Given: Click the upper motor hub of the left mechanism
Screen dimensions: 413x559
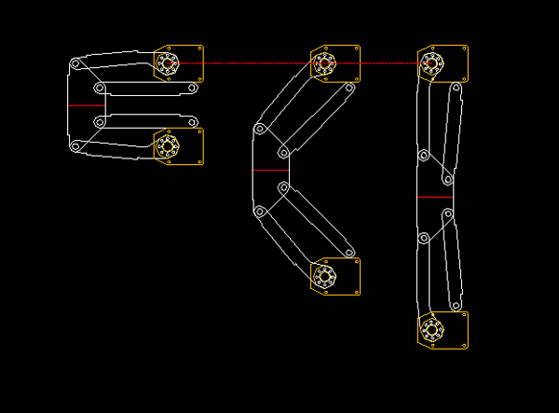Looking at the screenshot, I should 168,63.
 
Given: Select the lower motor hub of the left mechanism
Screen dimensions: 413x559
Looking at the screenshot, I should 168,145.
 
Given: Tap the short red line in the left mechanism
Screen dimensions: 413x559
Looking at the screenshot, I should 86,105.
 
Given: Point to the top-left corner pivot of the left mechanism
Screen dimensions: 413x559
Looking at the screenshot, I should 75,63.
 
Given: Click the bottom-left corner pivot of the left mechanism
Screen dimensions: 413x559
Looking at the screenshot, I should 75,146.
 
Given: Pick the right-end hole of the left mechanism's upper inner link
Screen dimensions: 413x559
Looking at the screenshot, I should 191,88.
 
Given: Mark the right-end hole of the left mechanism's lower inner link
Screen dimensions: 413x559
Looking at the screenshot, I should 191,122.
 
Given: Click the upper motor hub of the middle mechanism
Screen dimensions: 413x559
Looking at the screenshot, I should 324,63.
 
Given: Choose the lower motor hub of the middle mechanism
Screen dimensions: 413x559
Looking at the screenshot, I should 324,276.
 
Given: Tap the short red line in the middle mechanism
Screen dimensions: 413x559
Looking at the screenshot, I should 270,171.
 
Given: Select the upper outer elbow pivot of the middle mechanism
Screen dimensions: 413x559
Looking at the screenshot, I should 260,129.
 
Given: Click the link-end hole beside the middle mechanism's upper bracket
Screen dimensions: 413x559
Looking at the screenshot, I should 349,88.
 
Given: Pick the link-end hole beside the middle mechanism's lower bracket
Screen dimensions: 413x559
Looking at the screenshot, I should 349,252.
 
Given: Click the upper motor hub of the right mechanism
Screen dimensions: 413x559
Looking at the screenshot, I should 431,63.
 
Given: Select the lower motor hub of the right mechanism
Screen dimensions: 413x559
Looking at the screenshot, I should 431,328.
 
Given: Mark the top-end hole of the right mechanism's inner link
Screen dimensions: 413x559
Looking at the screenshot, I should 456,88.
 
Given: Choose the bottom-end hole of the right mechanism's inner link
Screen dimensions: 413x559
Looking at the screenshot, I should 456,304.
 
